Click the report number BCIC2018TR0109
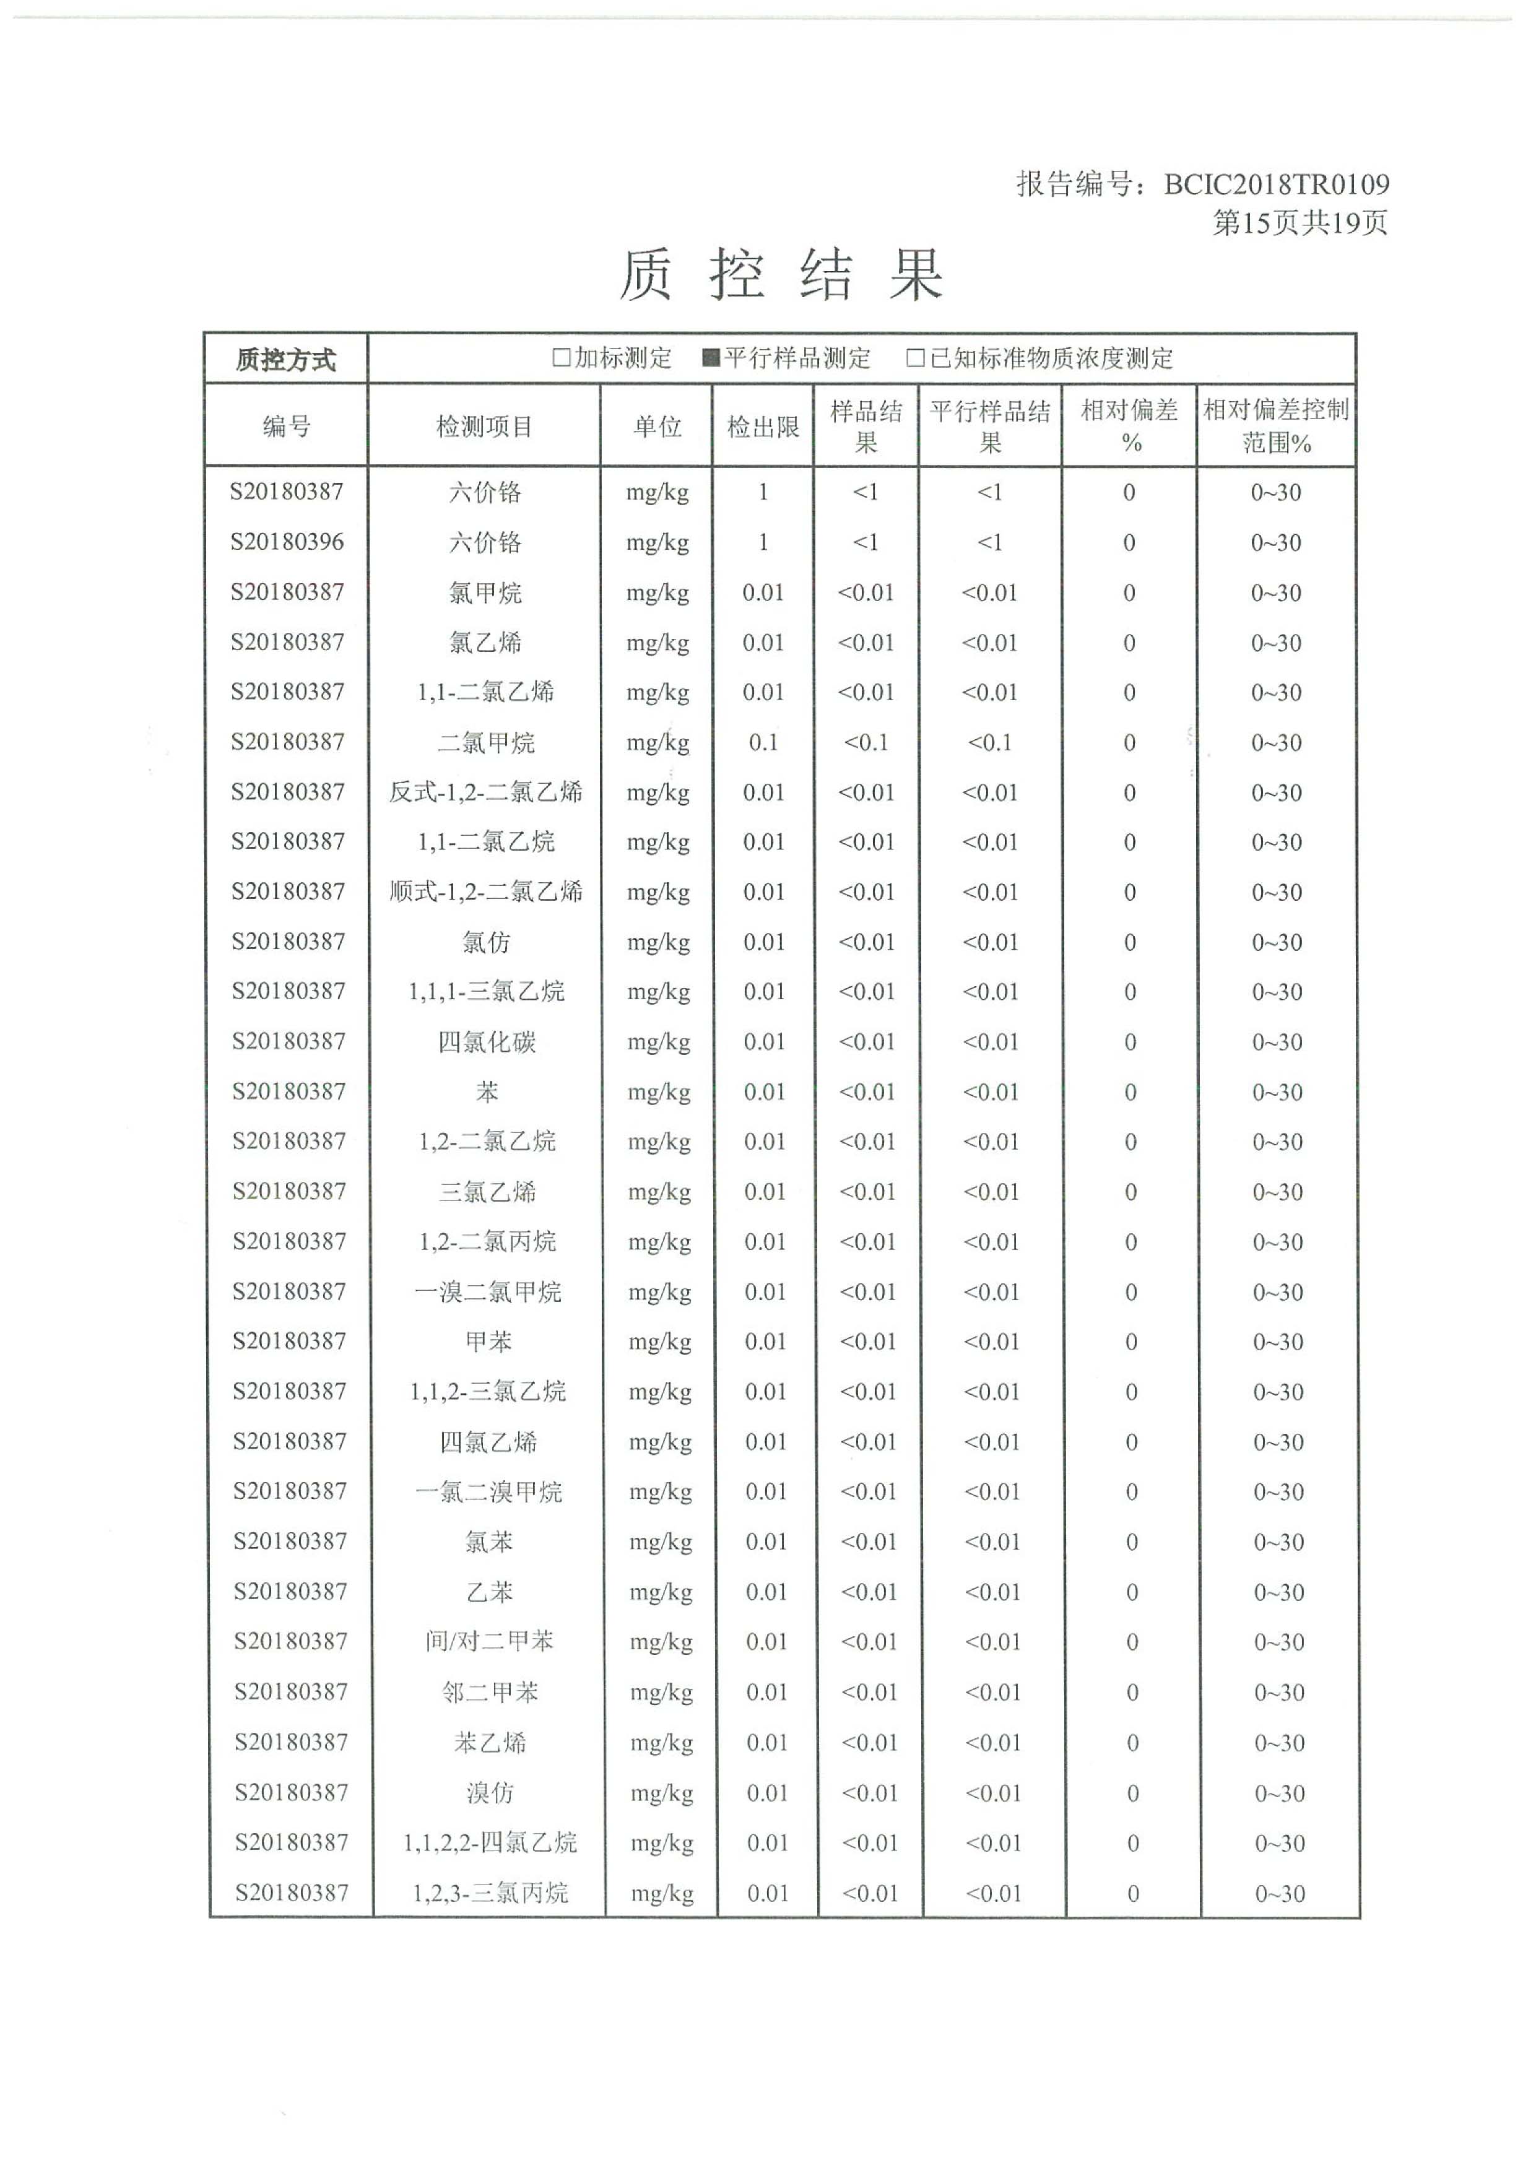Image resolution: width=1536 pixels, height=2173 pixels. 1276,184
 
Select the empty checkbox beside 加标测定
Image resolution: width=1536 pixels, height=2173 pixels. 561,358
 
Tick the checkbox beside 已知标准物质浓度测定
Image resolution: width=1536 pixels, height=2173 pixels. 915,358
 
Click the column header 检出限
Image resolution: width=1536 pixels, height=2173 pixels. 763,427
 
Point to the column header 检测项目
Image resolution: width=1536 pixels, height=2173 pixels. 485,427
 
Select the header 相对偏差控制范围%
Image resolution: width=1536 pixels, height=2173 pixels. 1276,426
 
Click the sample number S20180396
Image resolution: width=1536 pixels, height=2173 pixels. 287,542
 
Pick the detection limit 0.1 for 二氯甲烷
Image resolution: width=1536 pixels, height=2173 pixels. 763,743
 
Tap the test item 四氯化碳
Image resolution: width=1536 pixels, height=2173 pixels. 487,1042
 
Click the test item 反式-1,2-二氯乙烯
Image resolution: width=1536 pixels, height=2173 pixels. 485,792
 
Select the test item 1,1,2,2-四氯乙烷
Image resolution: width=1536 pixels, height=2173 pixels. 489,1842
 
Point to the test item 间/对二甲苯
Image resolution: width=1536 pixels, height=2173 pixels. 489,1641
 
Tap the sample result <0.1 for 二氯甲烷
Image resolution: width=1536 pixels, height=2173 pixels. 866,743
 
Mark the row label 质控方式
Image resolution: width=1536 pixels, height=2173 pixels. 286,360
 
